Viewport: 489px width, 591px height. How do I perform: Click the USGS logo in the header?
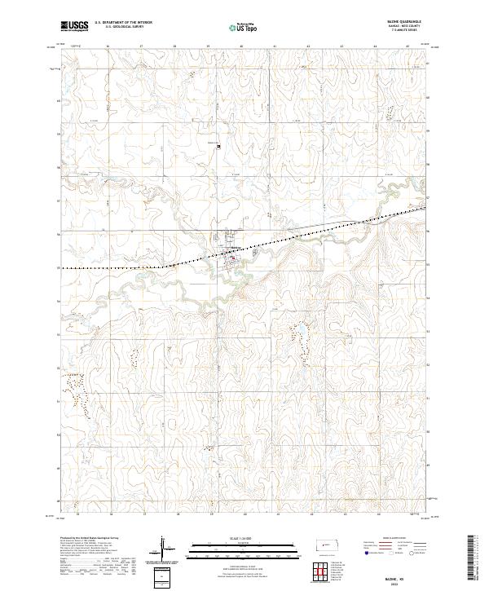click(x=75, y=26)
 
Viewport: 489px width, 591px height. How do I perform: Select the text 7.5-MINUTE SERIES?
click(x=410, y=31)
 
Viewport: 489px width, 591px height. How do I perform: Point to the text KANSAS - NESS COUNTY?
click(x=410, y=26)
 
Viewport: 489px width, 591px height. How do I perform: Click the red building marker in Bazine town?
click(x=236, y=261)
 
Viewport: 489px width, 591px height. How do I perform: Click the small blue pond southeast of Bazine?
click(x=298, y=330)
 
